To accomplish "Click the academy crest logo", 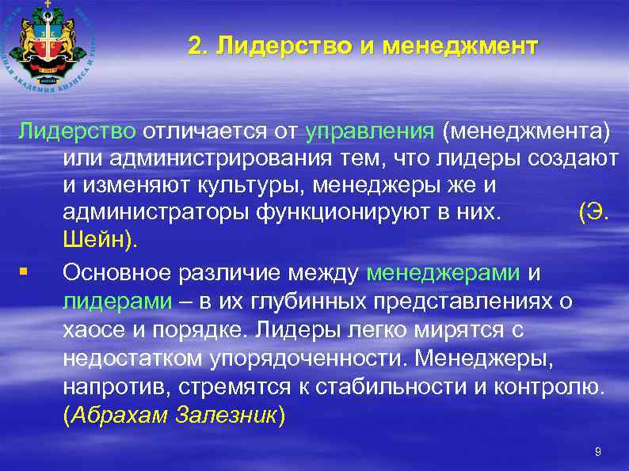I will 49,47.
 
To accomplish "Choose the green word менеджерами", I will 444,272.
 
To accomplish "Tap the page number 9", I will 597,452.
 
